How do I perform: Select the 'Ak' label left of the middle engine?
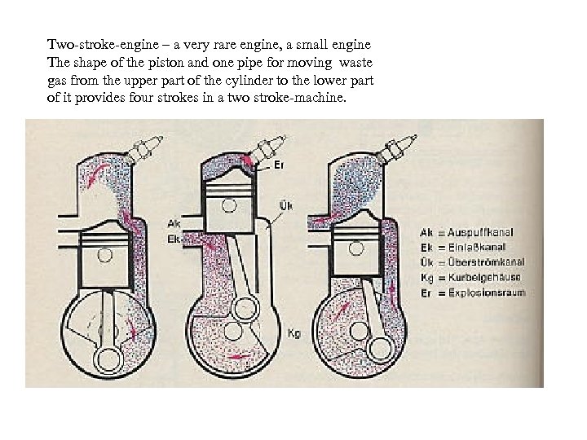tap(174, 223)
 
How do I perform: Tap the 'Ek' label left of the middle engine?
tap(174, 239)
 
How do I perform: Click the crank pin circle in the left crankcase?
tap(108, 358)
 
